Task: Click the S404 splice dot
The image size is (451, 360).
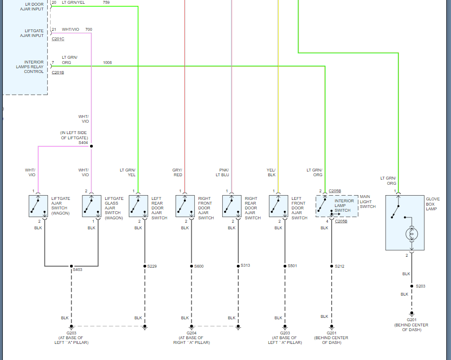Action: pos(91,146)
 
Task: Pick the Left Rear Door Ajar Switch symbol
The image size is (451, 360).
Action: pos(138,206)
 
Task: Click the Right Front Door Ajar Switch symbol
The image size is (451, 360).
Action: pos(185,206)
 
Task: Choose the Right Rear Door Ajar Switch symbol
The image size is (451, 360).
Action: pos(232,206)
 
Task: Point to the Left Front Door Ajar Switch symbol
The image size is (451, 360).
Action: pos(279,206)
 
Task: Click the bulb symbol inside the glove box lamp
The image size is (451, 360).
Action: pos(411,234)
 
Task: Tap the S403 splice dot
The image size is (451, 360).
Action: pos(72,266)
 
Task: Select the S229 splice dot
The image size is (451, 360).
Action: pos(144,266)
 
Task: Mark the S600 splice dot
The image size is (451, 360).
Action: pos(191,266)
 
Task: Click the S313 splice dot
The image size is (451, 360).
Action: pos(238,266)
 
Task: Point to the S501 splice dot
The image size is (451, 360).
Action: pos(285,266)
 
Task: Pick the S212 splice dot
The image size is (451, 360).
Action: pos(332,266)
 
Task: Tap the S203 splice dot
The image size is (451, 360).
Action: pos(411,286)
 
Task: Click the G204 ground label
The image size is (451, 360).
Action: pos(185,333)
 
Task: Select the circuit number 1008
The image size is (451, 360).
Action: pos(108,63)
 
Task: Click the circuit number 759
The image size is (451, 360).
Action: pos(106,2)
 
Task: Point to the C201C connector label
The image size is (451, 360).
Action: pos(58,38)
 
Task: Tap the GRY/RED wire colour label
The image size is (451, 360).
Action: pos(177,172)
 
